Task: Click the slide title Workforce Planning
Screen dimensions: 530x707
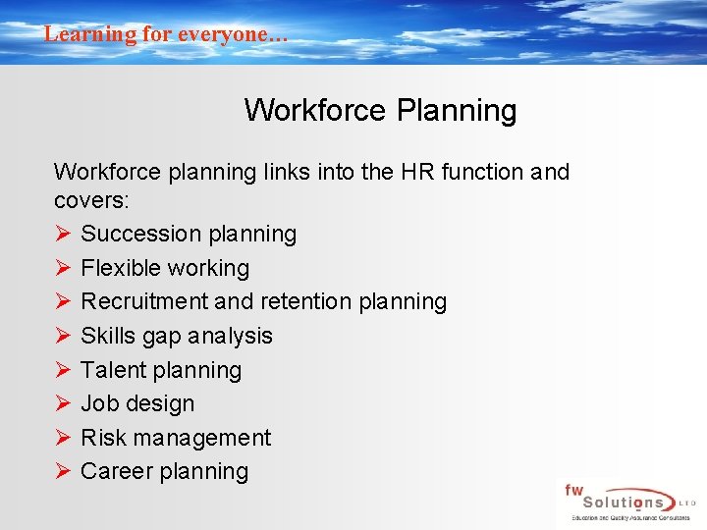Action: pyautogui.click(x=380, y=110)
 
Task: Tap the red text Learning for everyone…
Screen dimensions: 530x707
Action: pyautogui.click(x=166, y=33)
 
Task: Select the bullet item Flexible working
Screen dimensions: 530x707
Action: pyautogui.click(x=165, y=268)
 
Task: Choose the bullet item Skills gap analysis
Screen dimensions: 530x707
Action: pyautogui.click(x=177, y=336)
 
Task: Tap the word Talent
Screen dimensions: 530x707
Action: pyautogui.click(x=111, y=370)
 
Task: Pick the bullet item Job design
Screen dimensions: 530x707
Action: pyautogui.click(x=137, y=403)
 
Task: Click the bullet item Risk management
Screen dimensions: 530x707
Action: pyautogui.click(x=176, y=438)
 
